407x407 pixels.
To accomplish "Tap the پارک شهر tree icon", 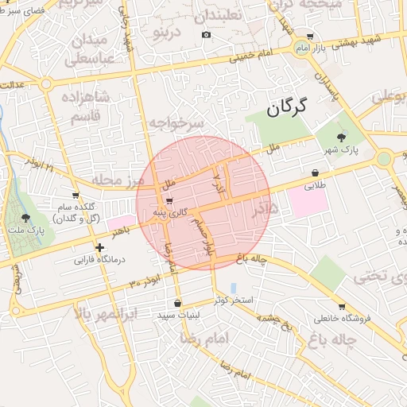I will tap(342, 138).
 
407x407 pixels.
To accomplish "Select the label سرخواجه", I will tap(176, 122).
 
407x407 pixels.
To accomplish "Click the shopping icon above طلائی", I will tap(316, 172).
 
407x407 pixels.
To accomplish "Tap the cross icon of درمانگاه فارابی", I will tap(99, 247).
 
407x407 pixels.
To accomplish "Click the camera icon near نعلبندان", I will tap(207, 34).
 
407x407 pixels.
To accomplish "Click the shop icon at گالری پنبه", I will tap(169, 200).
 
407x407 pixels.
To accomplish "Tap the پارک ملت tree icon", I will tap(26, 216).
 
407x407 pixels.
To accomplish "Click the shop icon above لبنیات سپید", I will tap(176, 303).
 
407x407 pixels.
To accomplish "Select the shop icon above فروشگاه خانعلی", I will tap(342, 306).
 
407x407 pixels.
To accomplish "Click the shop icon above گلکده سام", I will tap(76, 195).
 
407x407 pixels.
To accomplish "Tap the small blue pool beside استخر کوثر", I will tap(233, 287).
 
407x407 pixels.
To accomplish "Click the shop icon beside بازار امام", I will tap(310, 37).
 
